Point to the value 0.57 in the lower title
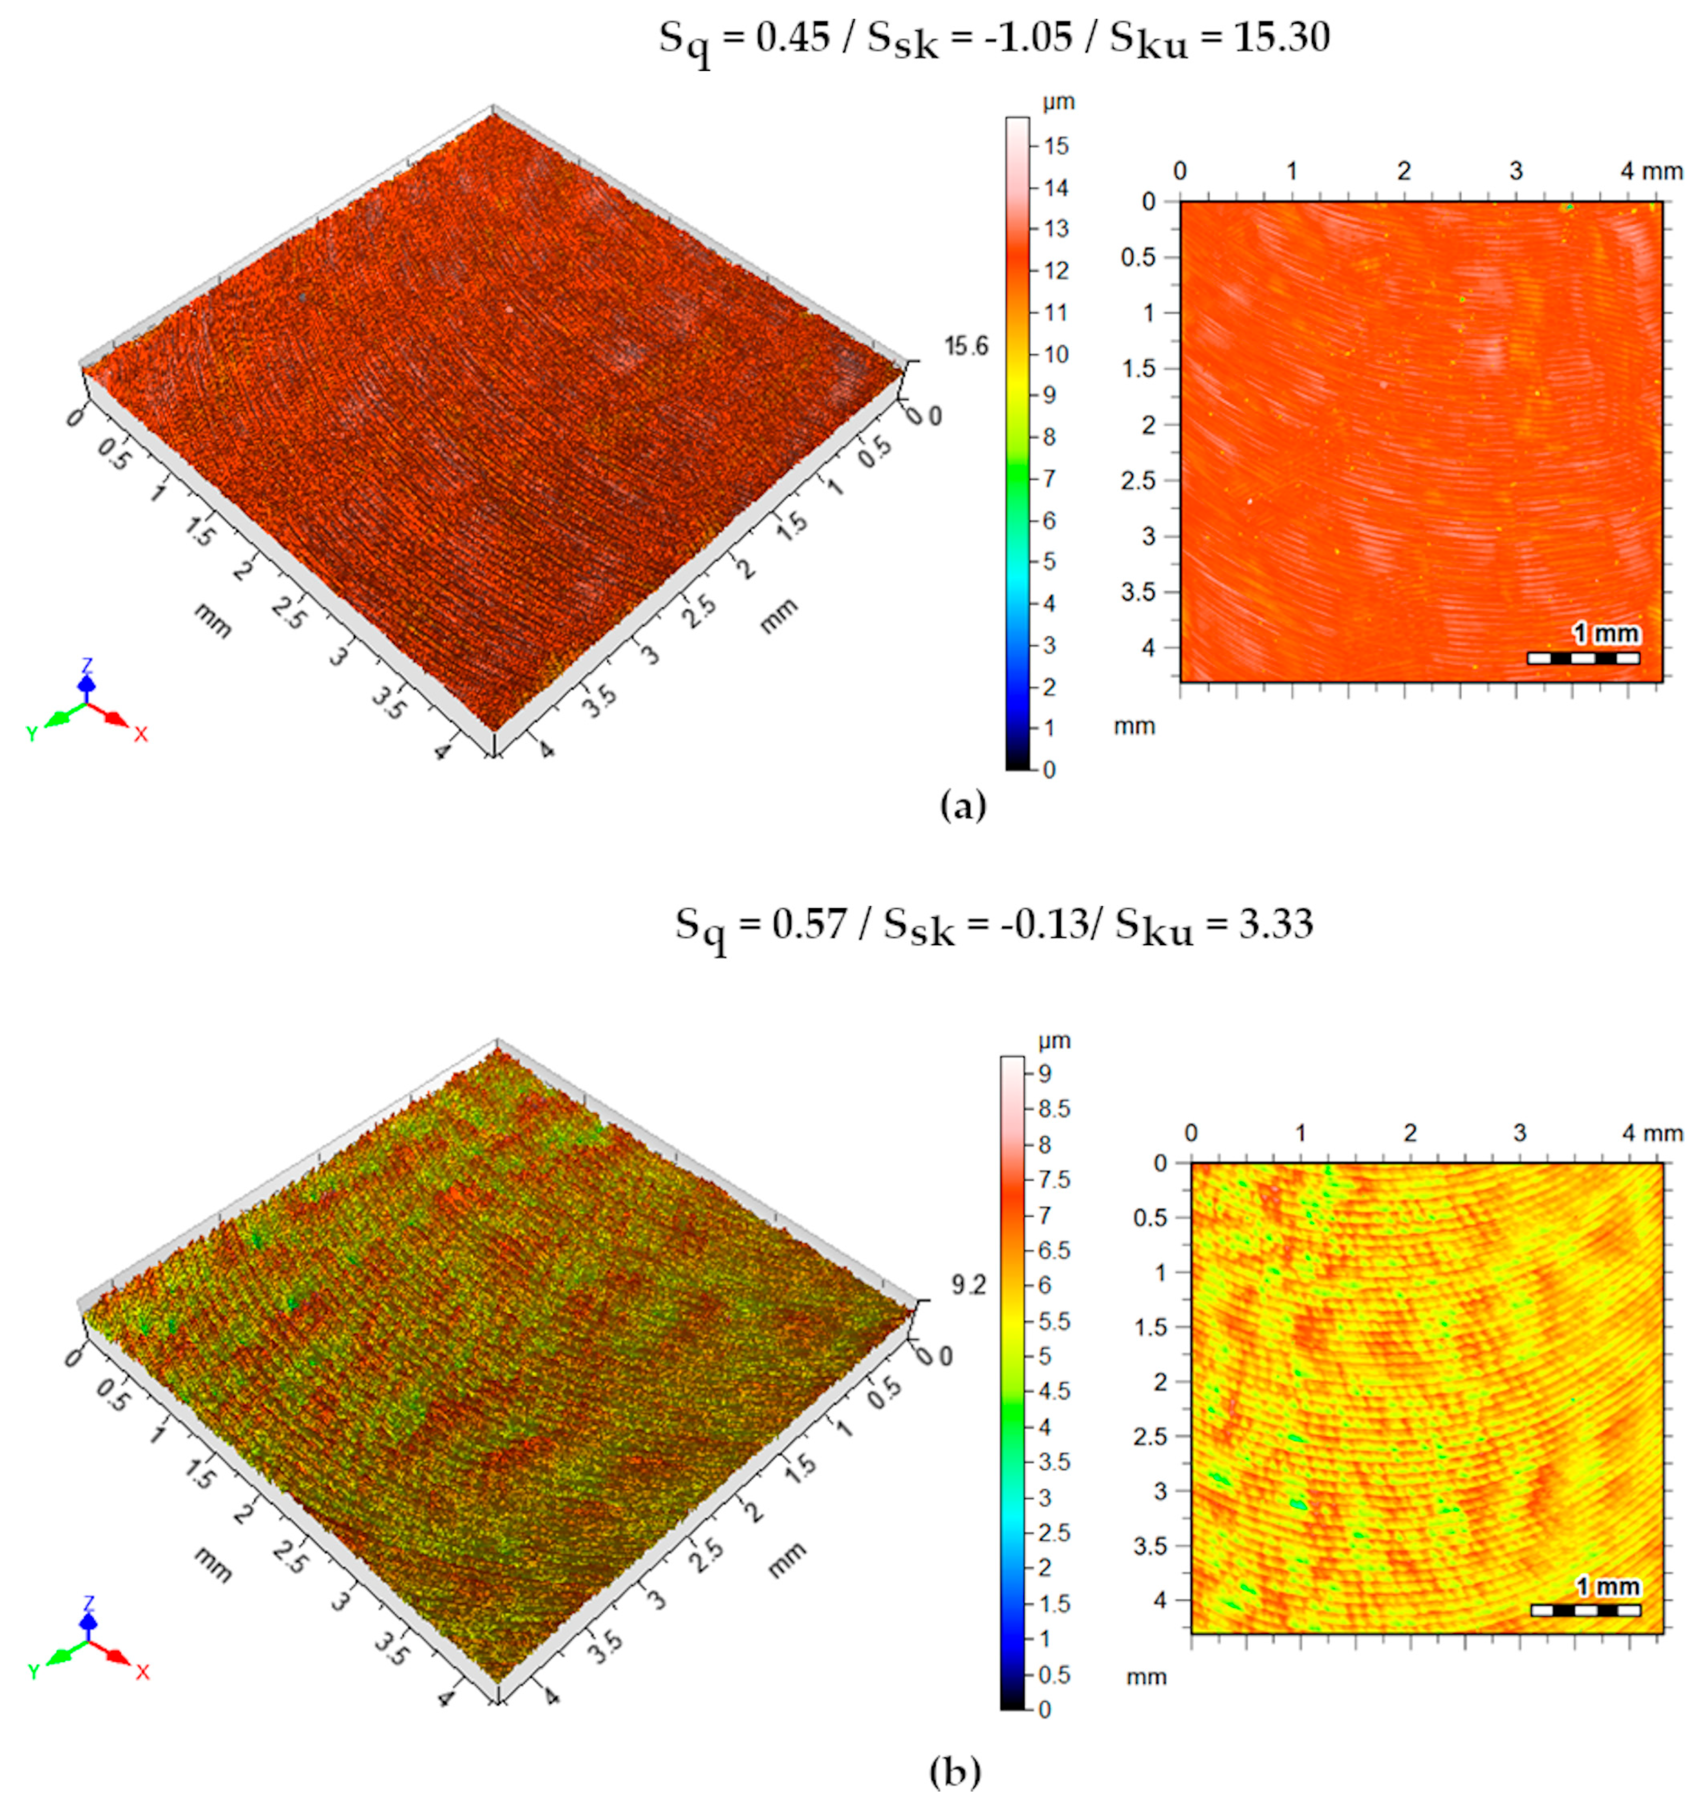[x=809, y=924]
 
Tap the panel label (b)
[x=955, y=1772]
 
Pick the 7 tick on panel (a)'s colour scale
[x=1049, y=479]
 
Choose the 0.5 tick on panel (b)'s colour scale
[x=1055, y=1675]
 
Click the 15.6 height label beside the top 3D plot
[x=966, y=346]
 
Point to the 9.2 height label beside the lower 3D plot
[x=968, y=1286]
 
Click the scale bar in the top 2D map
[x=1583, y=657]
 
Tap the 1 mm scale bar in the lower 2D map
[x=1585, y=1610]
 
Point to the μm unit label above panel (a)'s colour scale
[x=1058, y=102]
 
